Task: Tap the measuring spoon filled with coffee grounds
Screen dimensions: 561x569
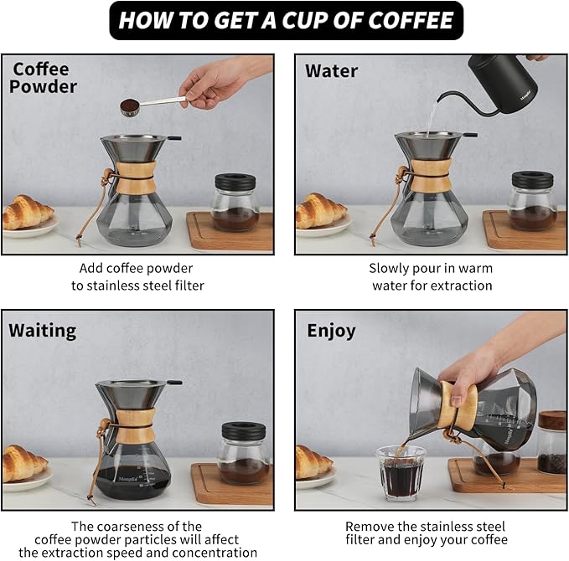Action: (132, 106)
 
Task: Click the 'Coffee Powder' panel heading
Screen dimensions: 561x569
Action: (44, 78)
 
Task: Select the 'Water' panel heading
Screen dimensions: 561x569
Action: (331, 70)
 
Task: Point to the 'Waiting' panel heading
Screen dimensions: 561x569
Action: (42, 330)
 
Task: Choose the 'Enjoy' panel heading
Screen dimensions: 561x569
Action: (331, 330)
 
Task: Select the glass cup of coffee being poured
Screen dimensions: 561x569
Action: (401, 472)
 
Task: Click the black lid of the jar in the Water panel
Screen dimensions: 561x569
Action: (533, 180)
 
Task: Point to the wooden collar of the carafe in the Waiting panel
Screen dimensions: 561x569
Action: (133, 434)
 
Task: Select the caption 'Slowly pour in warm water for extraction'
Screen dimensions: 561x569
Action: (432, 276)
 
